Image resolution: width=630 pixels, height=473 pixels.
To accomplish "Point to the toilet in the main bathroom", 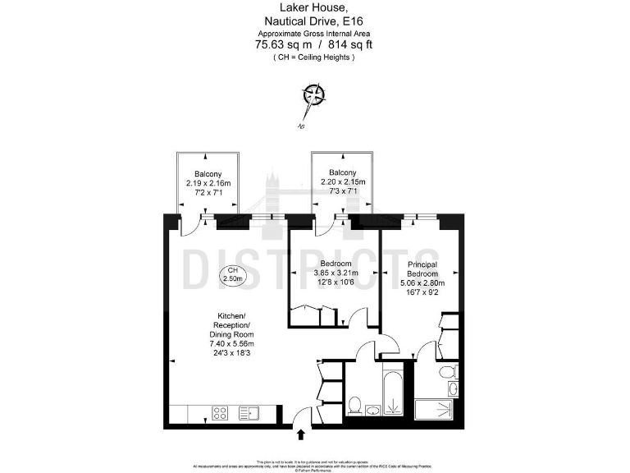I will pyautogui.click(x=355, y=404).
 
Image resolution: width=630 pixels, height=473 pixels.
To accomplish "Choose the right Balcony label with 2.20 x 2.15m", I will pyautogui.click(x=342, y=174).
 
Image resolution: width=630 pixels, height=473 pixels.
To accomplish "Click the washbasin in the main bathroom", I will pyautogui.click(x=374, y=411).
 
